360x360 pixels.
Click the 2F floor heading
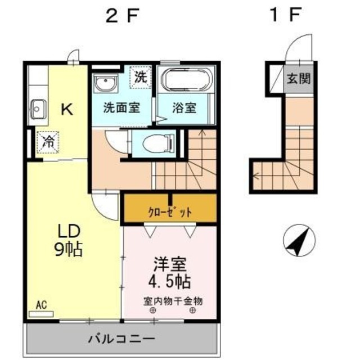click(x=121, y=16)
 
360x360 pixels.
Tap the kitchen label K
click(x=66, y=109)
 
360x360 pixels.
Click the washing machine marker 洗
click(x=139, y=78)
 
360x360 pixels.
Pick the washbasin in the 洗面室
click(x=105, y=84)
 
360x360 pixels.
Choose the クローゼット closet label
click(x=169, y=212)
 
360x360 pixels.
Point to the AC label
click(x=40, y=305)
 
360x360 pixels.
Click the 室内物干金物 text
click(x=172, y=301)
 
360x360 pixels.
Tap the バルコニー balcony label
click(x=121, y=339)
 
